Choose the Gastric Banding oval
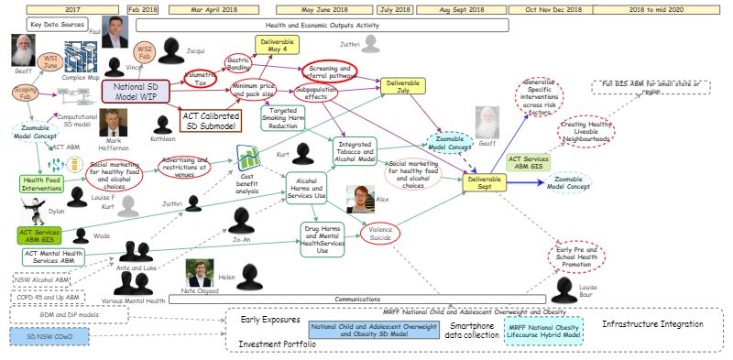click(241, 64)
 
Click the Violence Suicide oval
click(382, 234)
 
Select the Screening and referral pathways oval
click(332, 72)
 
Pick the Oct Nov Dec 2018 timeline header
click(552, 8)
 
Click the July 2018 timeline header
click(395, 8)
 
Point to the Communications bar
click(357, 299)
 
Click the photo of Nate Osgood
click(199, 271)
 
